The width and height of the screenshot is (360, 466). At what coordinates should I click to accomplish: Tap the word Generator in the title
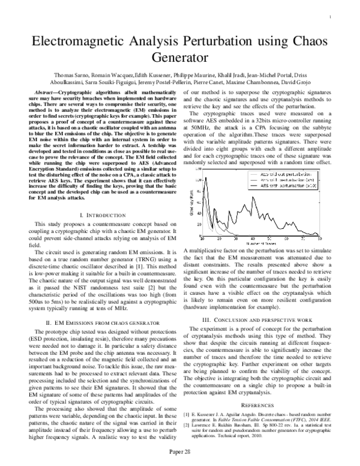[180, 59]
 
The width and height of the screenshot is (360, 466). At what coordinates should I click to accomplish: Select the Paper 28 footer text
[179, 450]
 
